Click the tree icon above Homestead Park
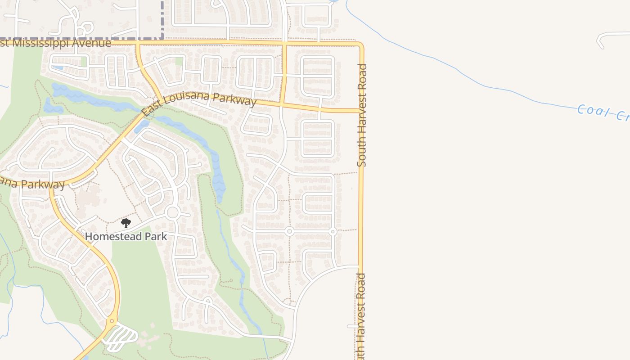click(x=126, y=223)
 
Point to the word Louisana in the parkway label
click(x=190, y=97)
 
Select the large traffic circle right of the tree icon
click(x=172, y=212)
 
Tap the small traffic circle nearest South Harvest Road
click(x=333, y=232)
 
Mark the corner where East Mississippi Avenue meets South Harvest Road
click(x=361, y=45)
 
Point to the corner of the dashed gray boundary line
click(x=162, y=39)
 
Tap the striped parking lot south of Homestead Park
click(x=121, y=337)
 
